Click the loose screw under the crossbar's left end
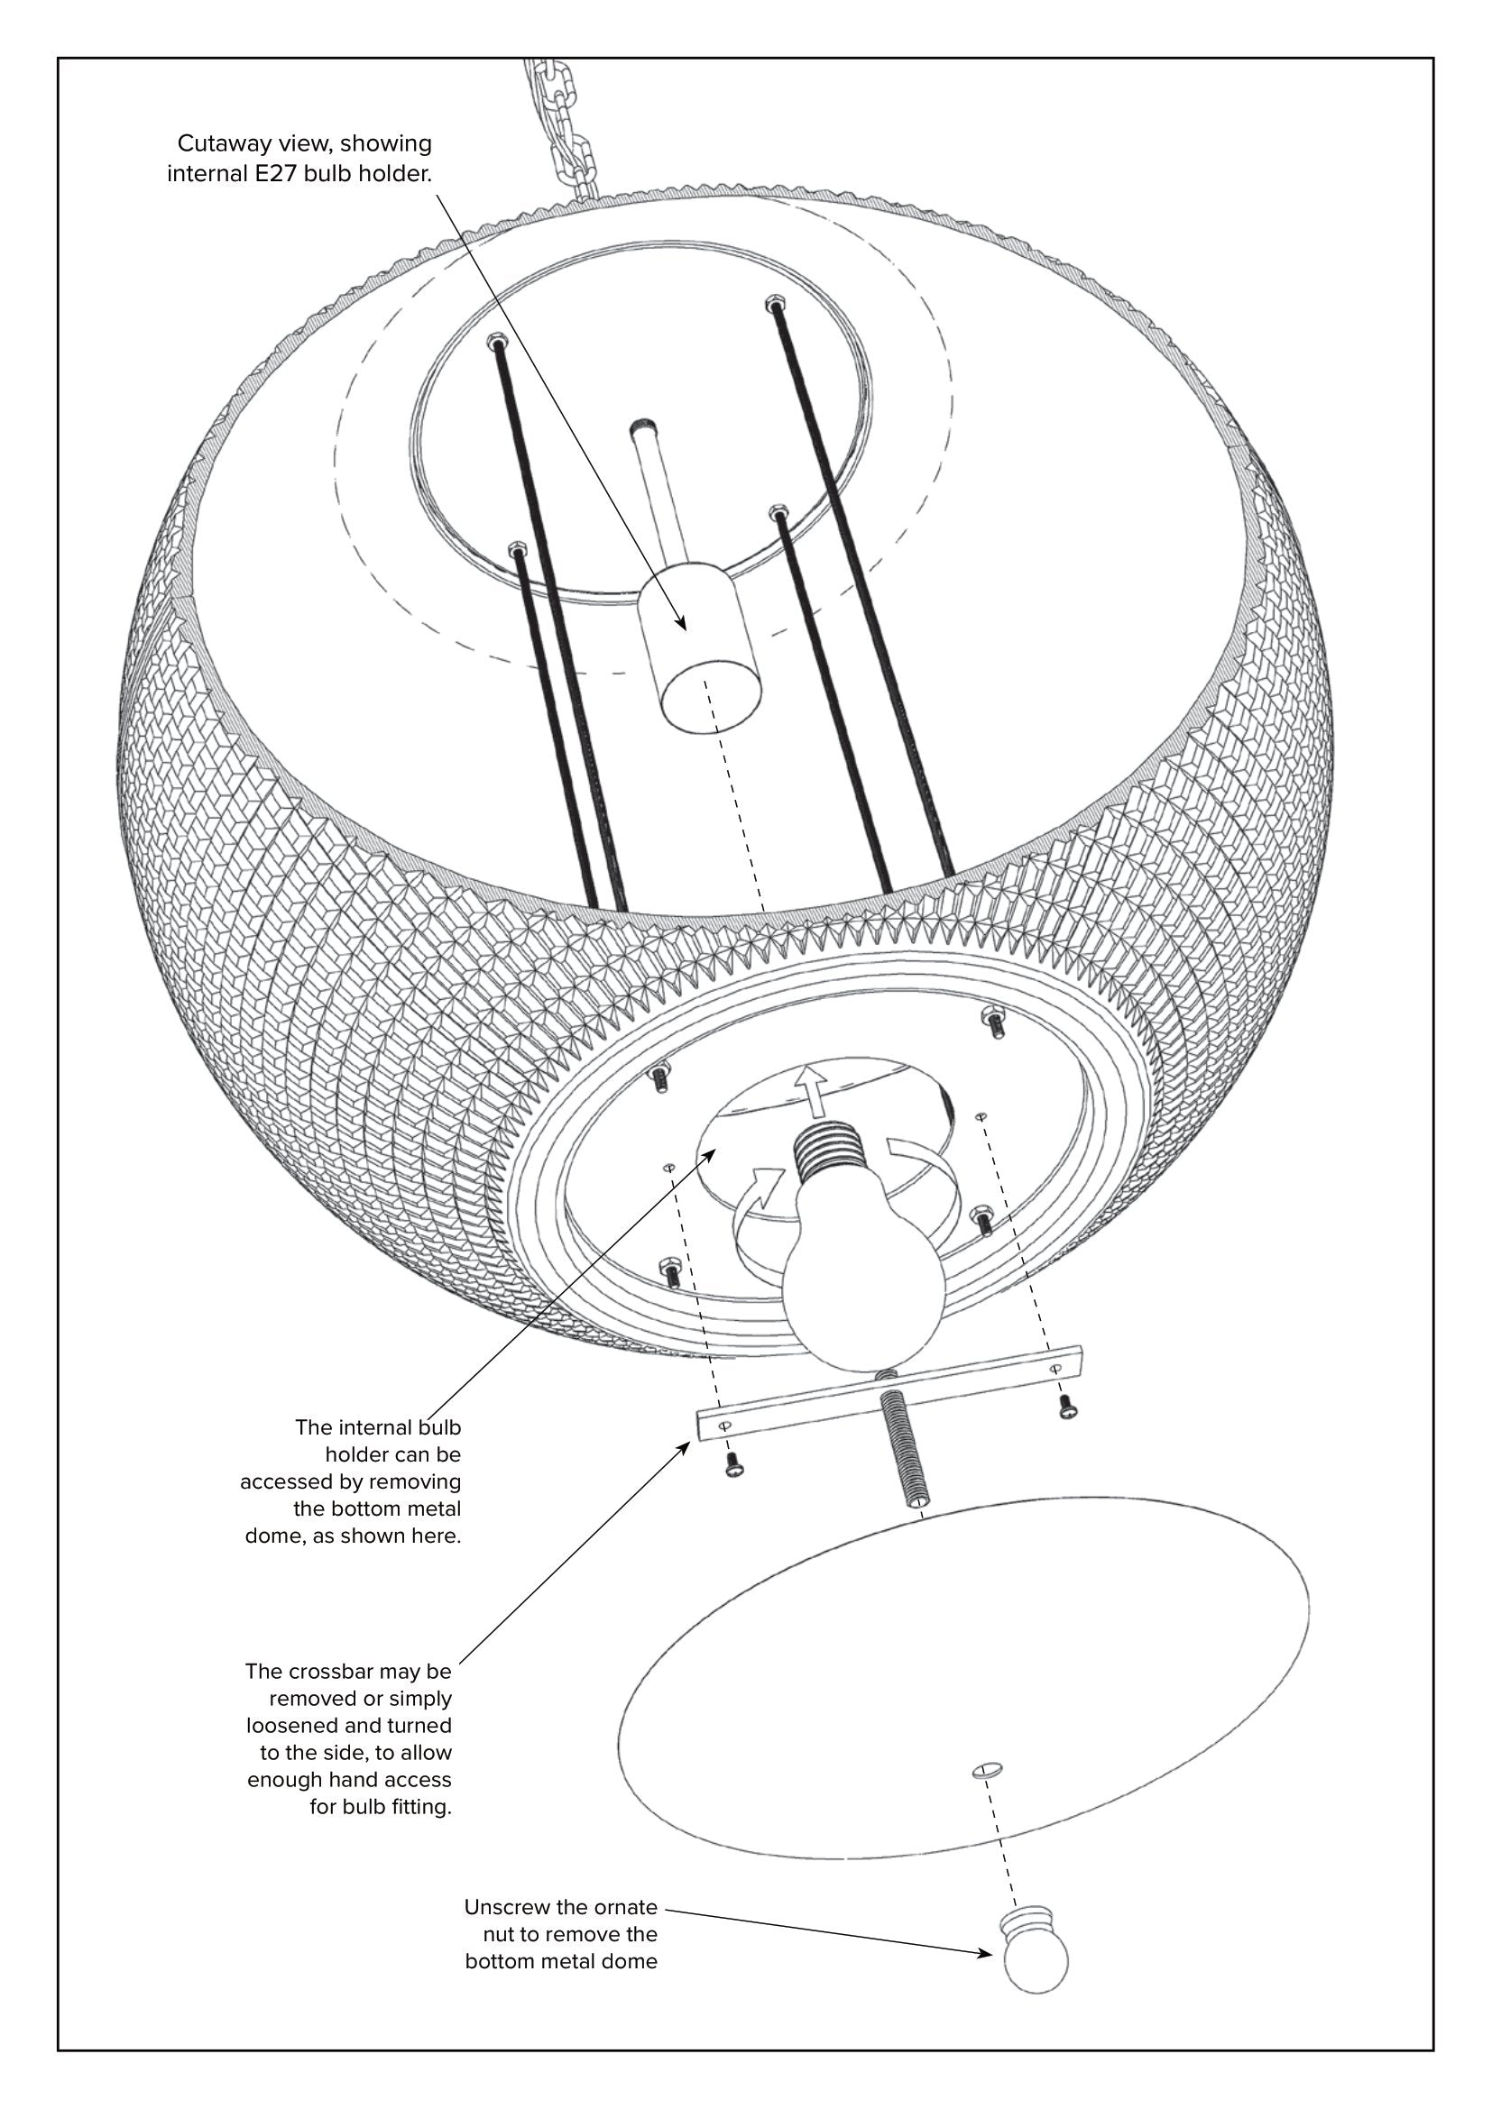click(734, 1468)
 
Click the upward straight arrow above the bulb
click(810, 1089)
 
